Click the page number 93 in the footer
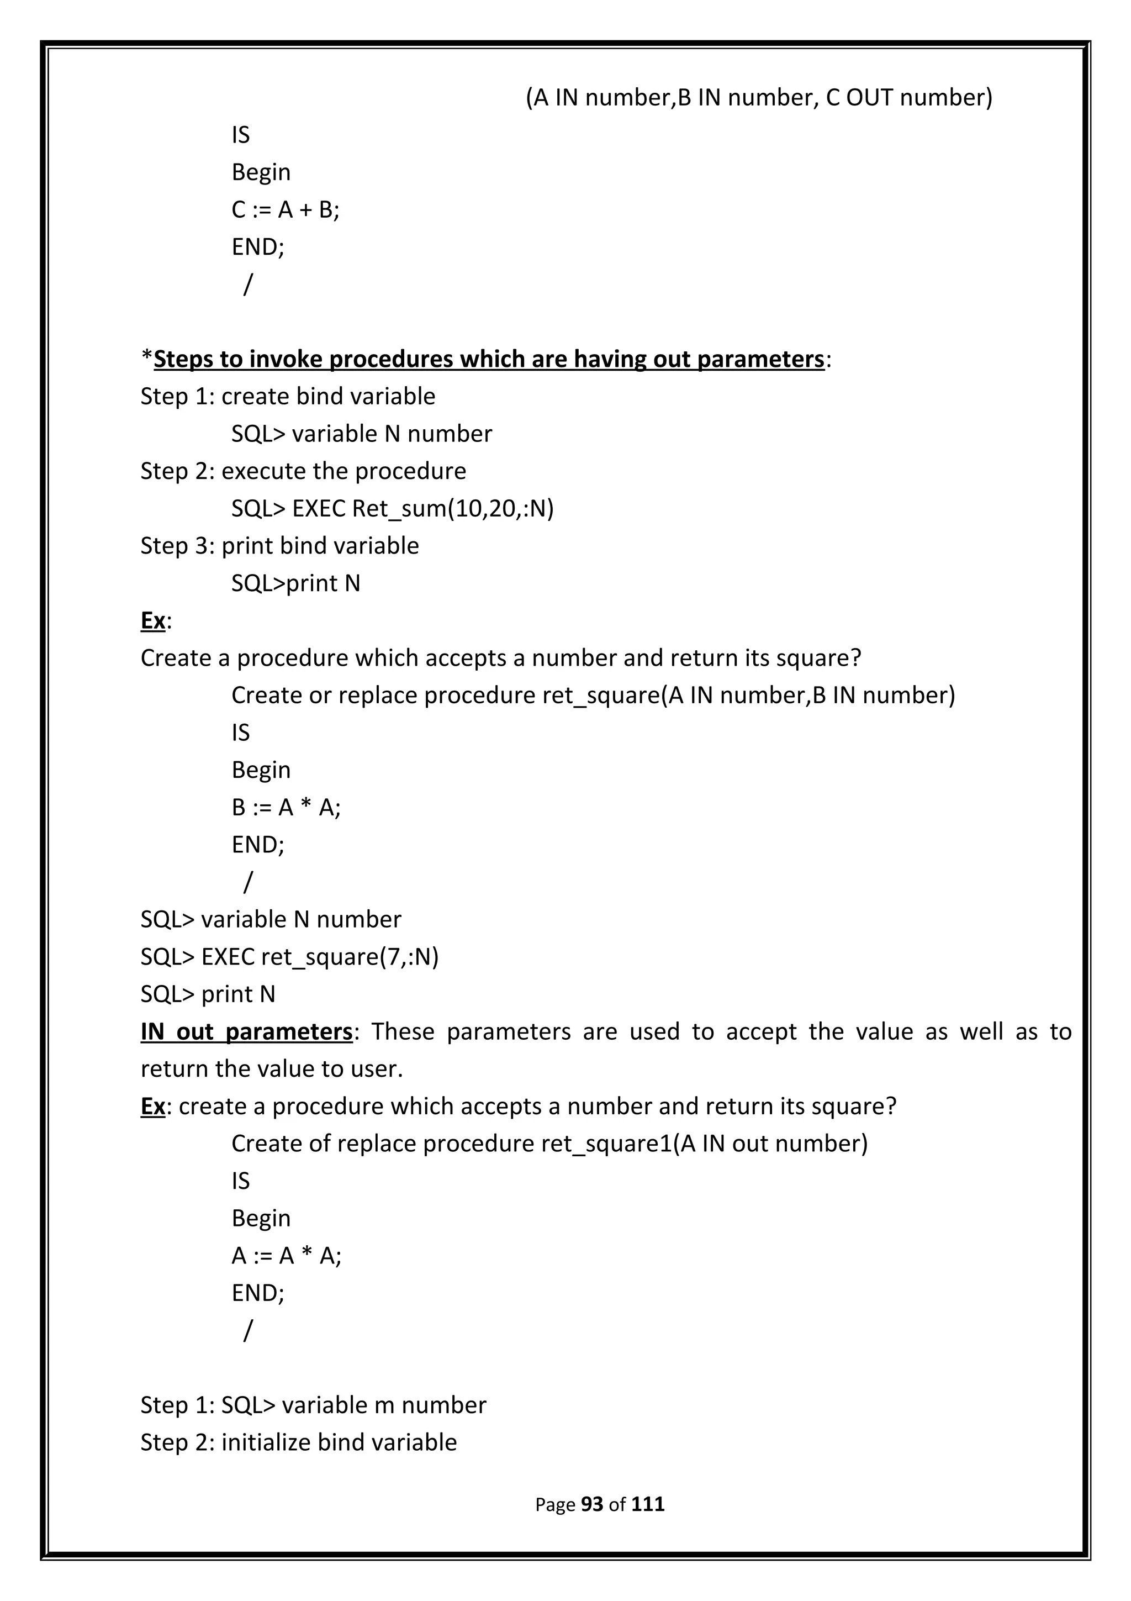pos(591,1504)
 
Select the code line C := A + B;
pos(285,209)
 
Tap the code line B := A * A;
pos(286,807)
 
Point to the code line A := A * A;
pos(287,1255)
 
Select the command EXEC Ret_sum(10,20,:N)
pos(422,508)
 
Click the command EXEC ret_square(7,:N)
pos(320,956)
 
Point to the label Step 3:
pos(177,545)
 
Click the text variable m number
pos(383,1404)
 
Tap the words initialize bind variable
pos(339,1442)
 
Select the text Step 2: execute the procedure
pos(303,471)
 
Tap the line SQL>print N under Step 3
pos(295,583)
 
